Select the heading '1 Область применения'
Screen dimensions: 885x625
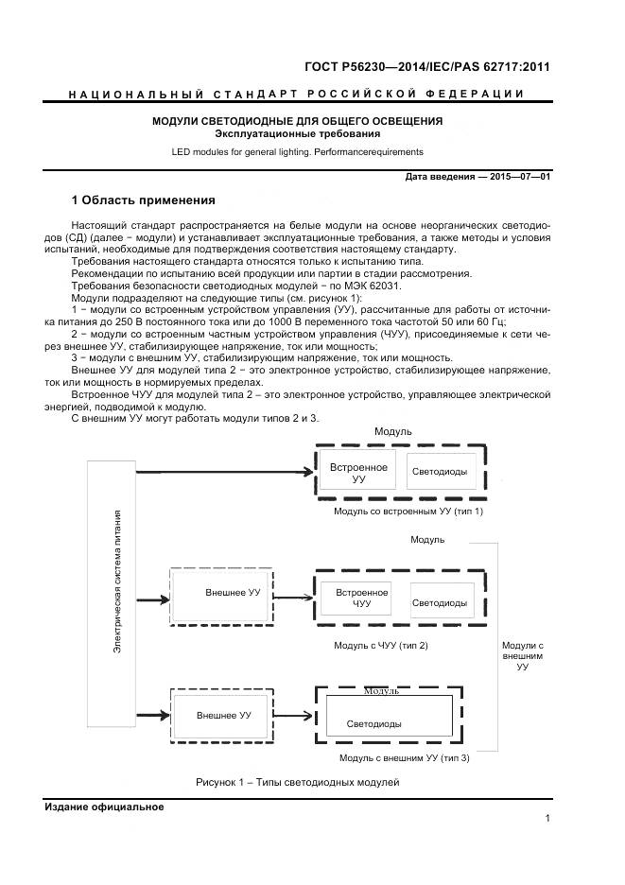pyautogui.click(x=144, y=200)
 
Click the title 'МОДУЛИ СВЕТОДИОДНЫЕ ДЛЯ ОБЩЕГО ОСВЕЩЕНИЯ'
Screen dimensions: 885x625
pyautogui.click(x=298, y=121)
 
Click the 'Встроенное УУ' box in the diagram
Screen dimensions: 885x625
pyautogui.click(x=357, y=474)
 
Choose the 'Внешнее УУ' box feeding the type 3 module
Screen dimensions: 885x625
pyautogui.click(x=224, y=716)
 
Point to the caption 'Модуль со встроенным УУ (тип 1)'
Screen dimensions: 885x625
pyautogui.click(x=408, y=511)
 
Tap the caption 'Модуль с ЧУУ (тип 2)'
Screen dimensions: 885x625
pyautogui.click(x=381, y=645)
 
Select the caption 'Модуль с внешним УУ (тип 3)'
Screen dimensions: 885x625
pyautogui.click(x=404, y=757)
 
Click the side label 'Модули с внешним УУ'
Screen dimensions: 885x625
pyautogui.click(x=522, y=655)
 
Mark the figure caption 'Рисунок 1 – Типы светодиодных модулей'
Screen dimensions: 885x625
pyautogui.click(x=298, y=783)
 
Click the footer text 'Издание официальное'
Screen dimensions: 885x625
pyautogui.click(x=104, y=807)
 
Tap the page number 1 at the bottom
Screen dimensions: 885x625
pyautogui.click(x=547, y=819)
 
